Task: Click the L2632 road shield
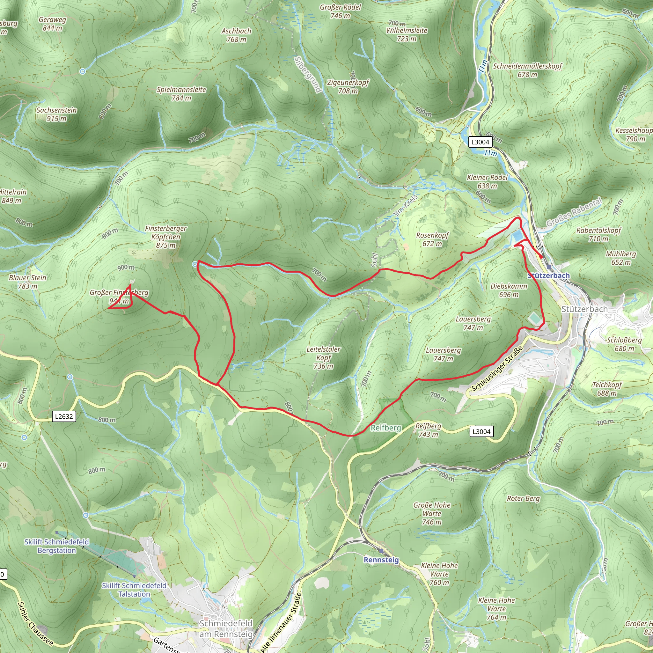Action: coord(64,416)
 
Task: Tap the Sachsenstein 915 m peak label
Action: coord(56,114)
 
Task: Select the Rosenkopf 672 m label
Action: coord(432,239)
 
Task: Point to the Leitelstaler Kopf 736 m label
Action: coord(323,358)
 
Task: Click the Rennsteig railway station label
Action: coord(381,560)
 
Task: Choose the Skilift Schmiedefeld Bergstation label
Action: coord(57,546)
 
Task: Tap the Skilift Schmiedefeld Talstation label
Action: coord(134,590)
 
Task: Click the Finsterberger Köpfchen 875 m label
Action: coord(165,237)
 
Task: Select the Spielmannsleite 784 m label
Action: coord(181,94)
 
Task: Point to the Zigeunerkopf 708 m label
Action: coord(348,86)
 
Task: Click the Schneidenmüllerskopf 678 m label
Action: coord(527,70)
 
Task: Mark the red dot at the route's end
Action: coord(541,257)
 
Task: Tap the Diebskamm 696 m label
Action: coord(509,290)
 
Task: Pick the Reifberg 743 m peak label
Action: coord(428,430)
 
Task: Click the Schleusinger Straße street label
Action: coord(497,369)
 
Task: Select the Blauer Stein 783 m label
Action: coord(28,282)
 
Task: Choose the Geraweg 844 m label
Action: coord(52,24)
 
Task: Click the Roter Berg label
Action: coord(523,499)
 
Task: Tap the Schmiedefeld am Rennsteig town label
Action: coord(226,628)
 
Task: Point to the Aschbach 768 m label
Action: coord(236,35)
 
